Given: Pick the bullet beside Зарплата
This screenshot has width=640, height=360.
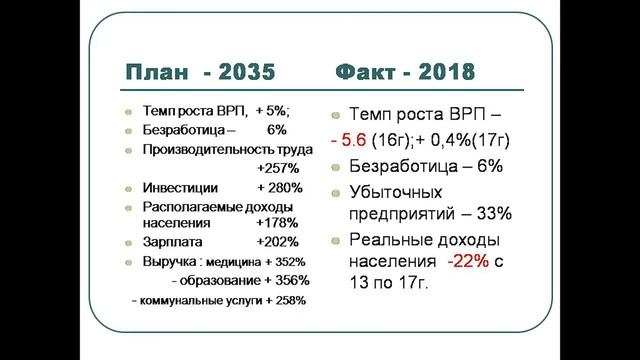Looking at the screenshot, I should [128, 244].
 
